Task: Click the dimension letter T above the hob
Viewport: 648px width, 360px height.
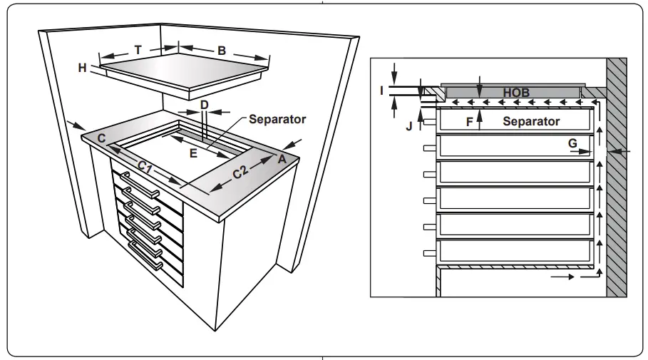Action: [138, 50]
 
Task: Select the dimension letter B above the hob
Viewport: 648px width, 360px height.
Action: [222, 51]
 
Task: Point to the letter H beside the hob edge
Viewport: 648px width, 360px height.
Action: [83, 68]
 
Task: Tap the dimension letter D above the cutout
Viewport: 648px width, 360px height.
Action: [204, 105]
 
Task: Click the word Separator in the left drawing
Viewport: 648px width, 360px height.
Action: [277, 119]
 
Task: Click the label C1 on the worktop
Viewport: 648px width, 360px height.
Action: [145, 167]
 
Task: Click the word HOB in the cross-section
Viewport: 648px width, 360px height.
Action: [516, 93]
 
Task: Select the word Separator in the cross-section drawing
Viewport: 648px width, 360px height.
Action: [531, 121]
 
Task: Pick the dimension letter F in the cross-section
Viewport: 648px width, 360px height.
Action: [469, 122]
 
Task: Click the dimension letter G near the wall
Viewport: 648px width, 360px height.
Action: [572, 143]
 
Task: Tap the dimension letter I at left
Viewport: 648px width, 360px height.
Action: [382, 90]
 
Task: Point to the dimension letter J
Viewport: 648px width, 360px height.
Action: [408, 127]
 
